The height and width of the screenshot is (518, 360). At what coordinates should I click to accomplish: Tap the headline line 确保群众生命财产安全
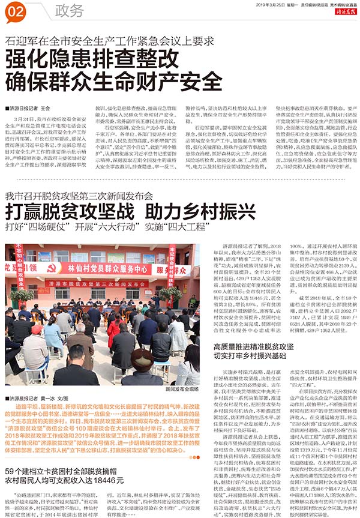pos(106,82)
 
